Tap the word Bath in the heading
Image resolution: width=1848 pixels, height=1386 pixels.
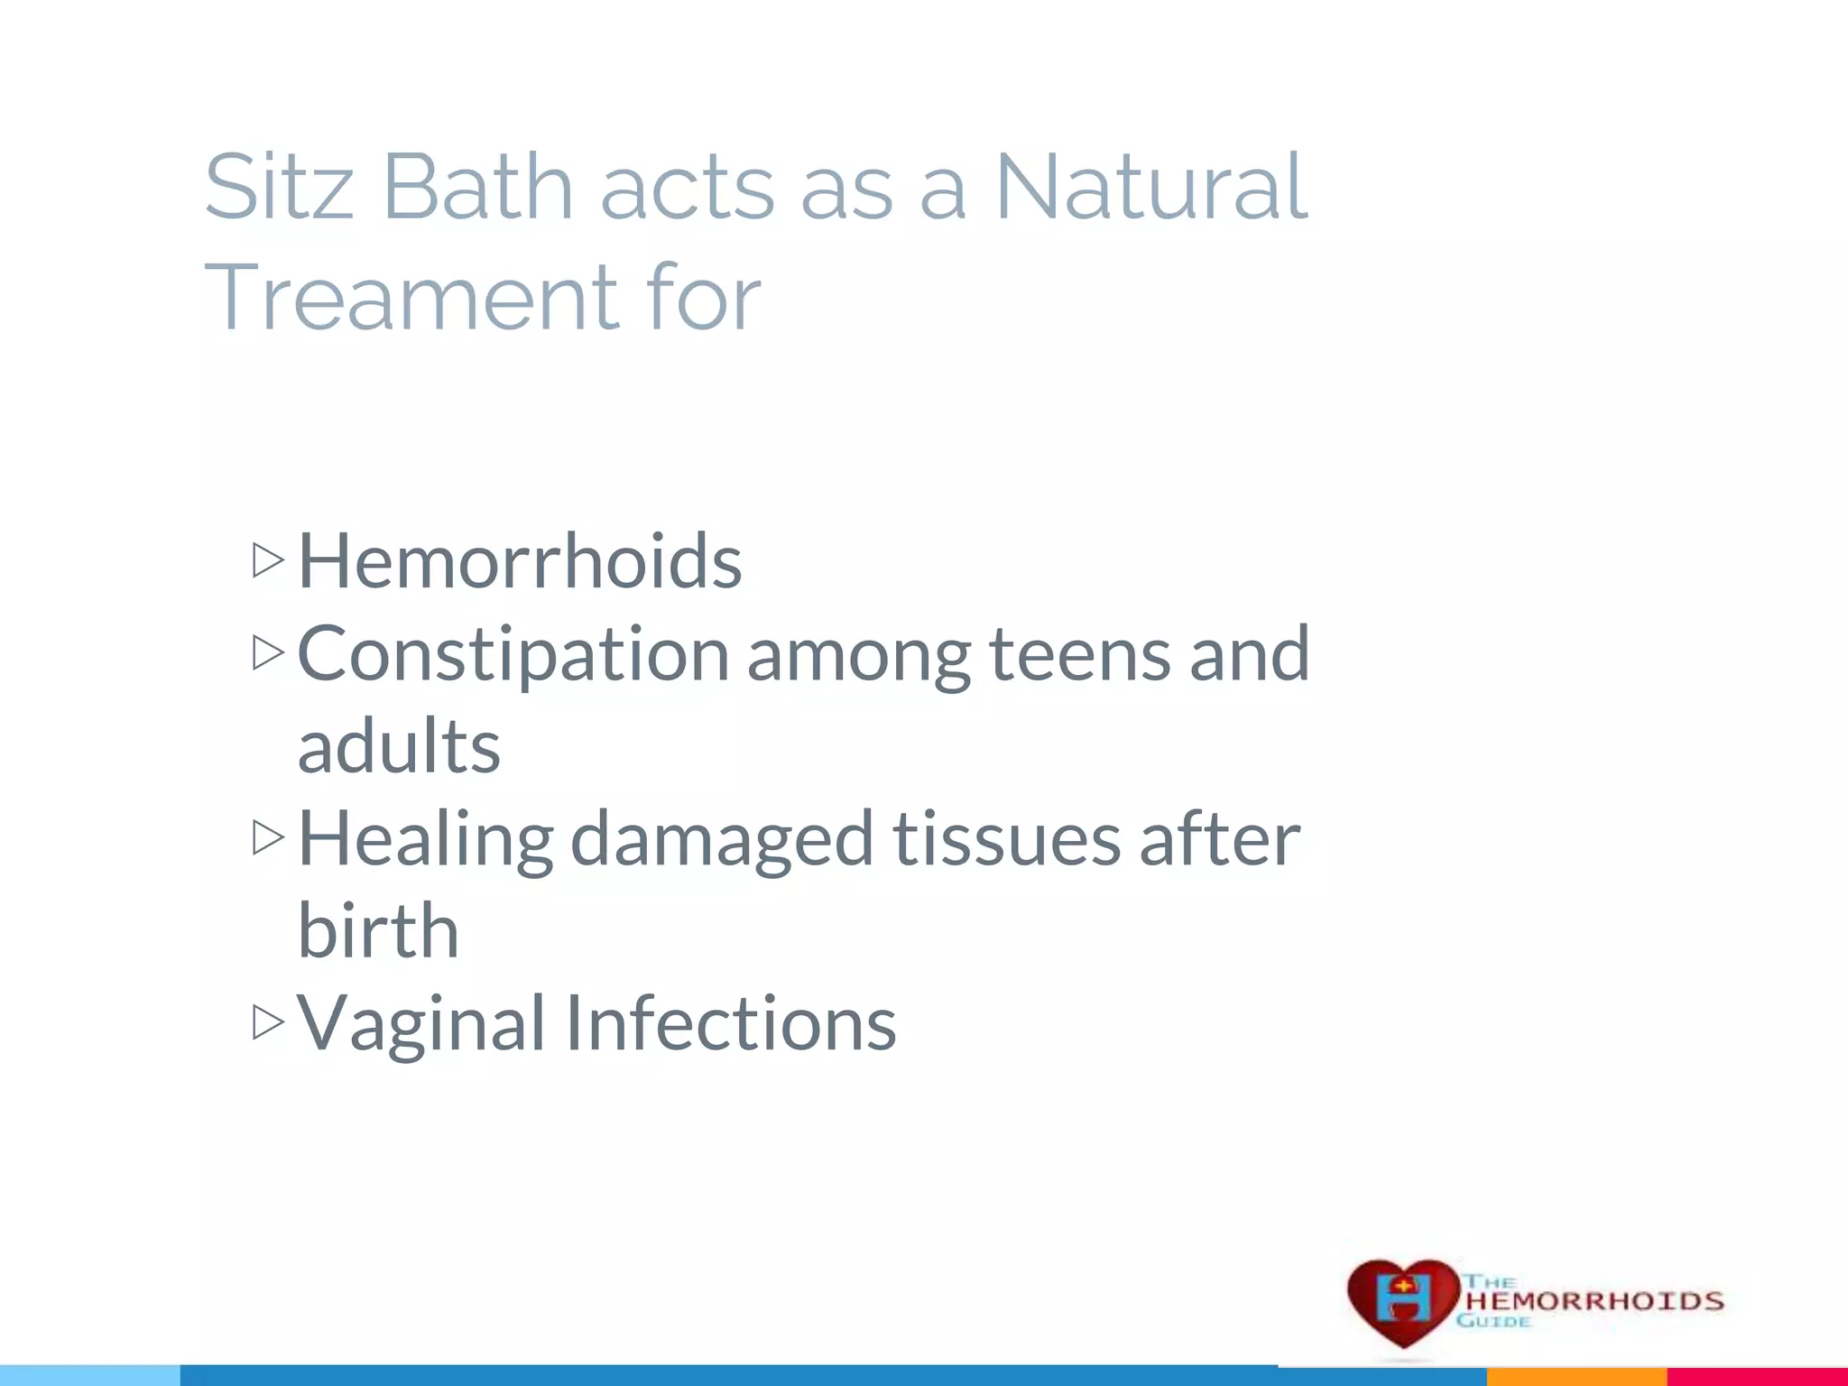click(477, 187)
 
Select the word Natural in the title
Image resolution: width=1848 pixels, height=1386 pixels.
click(1150, 187)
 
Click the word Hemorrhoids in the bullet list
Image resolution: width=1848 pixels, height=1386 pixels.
click(520, 561)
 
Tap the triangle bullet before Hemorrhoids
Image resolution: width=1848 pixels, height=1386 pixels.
click(268, 560)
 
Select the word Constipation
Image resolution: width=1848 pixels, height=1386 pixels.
click(513, 655)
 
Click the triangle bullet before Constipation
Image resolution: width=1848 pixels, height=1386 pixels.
click(268, 652)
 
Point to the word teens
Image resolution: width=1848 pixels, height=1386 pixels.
click(1080, 655)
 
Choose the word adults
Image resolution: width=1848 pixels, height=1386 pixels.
click(399, 747)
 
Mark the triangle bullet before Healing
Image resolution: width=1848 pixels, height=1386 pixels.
click(268, 837)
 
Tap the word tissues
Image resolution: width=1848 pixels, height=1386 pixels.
click(1007, 839)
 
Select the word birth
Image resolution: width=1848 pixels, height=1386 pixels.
click(378, 931)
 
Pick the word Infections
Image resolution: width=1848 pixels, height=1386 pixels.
click(731, 1023)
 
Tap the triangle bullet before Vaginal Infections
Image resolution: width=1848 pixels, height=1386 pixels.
click(268, 1022)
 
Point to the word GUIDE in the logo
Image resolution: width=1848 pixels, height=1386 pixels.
click(1493, 1321)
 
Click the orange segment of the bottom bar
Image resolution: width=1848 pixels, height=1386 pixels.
click(1575, 1376)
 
